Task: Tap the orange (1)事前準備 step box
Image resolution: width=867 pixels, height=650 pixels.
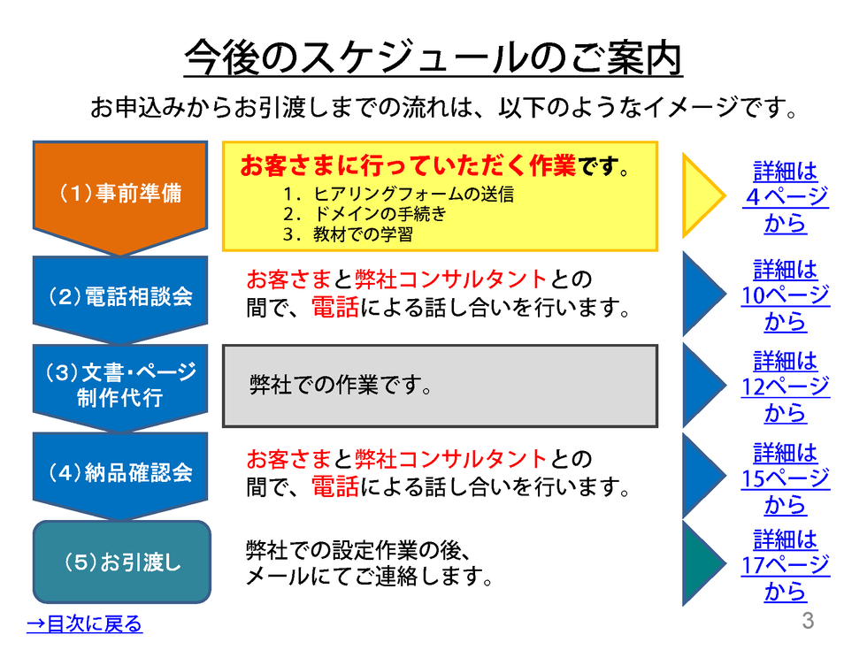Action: (120, 193)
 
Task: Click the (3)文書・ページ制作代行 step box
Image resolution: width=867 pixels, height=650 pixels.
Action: (120, 385)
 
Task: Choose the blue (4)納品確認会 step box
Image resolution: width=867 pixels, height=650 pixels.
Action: (120, 472)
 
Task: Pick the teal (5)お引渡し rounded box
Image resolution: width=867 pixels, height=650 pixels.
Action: (122, 562)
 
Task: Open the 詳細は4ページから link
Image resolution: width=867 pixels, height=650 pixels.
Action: (786, 196)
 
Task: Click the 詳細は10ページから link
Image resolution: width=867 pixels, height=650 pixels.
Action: (786, 295)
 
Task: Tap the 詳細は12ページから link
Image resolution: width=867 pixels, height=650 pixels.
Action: (786, 386)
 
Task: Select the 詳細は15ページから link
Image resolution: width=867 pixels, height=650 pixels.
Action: (786, 478)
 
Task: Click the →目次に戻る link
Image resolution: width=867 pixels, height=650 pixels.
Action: (84, 624)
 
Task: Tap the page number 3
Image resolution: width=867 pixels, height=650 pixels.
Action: (807, 621)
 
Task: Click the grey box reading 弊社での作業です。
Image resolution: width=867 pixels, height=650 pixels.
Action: (440, 386)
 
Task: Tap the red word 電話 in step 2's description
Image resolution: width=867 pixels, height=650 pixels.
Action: (335, 309)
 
